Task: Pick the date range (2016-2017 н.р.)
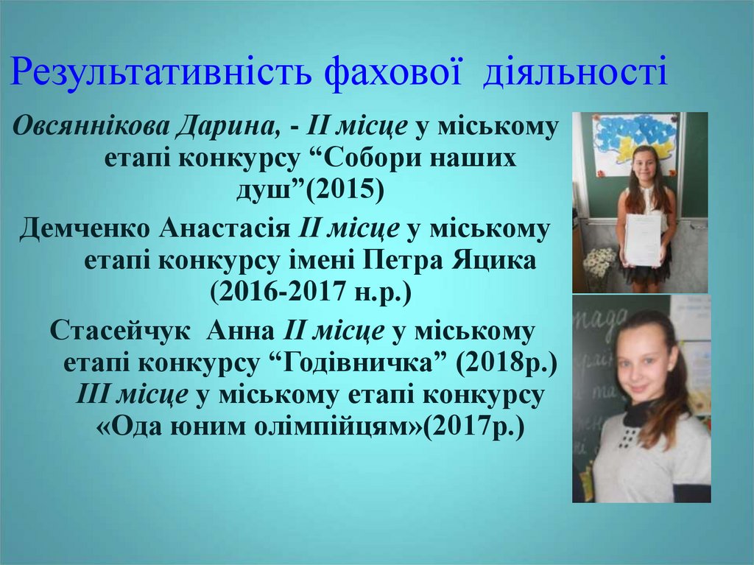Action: pyautogui.click(x=310, y=292)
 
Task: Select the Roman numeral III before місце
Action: pyautogui.click(x=93, y=395)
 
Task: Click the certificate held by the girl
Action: pyautogui.click(x=643, y=239)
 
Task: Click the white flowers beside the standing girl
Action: pyautogui.click(x=599, y=261)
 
